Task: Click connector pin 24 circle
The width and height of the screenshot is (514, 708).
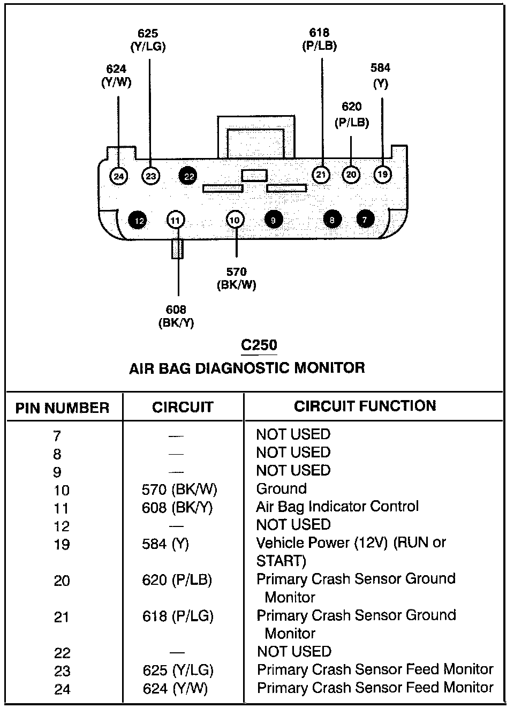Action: point(118,176)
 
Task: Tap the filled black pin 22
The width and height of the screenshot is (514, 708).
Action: point(188,176)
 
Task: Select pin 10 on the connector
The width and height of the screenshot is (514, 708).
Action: point(235,220)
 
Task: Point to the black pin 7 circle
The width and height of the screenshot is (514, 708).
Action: point(365,220)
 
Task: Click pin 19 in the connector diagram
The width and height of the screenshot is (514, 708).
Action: point(382,175)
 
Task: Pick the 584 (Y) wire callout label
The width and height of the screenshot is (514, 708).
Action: point(380,76)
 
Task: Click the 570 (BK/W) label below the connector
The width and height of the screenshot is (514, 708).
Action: point(236,278)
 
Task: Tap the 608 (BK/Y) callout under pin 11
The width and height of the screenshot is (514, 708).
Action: point(176,316)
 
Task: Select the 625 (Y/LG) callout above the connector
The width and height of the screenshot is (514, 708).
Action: point(148,40)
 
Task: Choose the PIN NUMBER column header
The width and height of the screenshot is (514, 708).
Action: point(62,408)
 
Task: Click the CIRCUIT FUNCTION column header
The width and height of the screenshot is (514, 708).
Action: point(365,406)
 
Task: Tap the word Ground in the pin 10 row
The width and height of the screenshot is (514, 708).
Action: point(281,488)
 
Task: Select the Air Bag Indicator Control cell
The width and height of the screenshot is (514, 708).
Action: point(337,507)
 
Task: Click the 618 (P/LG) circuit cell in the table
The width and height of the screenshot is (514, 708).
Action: point(178,616)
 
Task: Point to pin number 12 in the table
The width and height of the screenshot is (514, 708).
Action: point(62,526)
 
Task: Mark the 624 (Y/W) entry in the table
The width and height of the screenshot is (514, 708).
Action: point(175,689)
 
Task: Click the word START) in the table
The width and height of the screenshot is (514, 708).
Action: point(281,561)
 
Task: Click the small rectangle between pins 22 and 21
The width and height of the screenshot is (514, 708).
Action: point(254,175)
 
